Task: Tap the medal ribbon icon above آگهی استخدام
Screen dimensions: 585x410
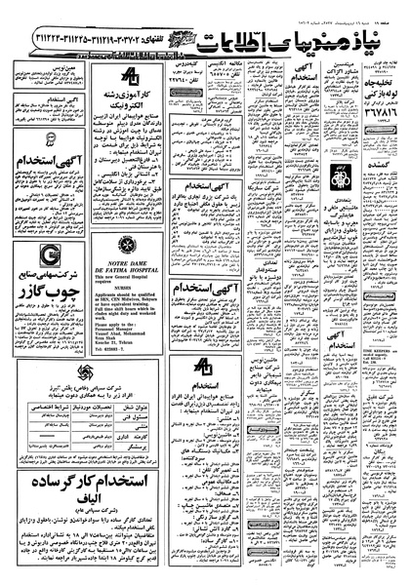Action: point(49,180)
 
